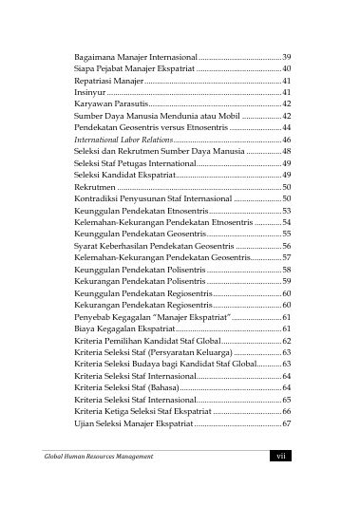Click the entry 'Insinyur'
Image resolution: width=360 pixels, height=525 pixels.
pyautogui.click(x=90, y=93)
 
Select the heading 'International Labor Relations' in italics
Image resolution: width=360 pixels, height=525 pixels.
pyautogui.click(x=123, y=139)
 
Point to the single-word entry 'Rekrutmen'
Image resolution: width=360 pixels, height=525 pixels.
pyautogui.click(x=94, y=188)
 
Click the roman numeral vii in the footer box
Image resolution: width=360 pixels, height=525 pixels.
pyautogui.click(x=278, y=457)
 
